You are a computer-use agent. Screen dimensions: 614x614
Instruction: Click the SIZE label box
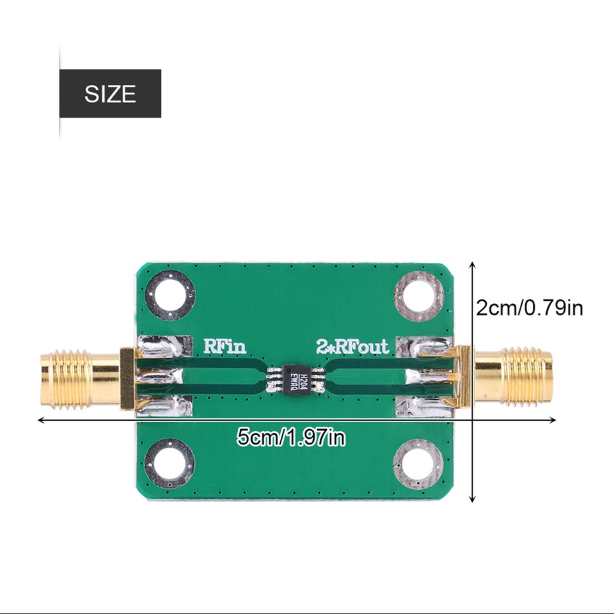tap(110, 94)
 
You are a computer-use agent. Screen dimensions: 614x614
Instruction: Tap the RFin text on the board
tap(224, 347)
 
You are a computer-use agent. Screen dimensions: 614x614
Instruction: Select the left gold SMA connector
tap(80, 379)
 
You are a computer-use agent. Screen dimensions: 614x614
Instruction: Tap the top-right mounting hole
tap(419, 295)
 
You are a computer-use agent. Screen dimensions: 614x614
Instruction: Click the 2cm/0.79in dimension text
tap(530, 308)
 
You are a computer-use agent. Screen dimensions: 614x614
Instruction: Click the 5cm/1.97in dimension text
tap(291, 438)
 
